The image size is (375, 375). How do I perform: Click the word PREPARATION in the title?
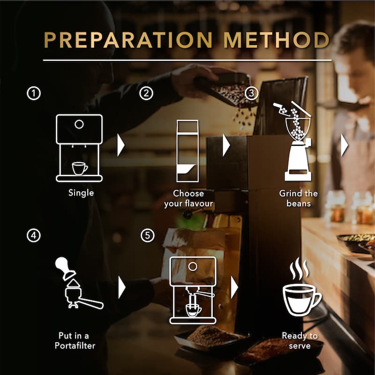(x=128, y=40)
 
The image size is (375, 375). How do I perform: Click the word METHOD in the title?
(x=277, y=40)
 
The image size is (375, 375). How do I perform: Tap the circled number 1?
(x=33, y=93)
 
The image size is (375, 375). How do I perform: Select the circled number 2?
(x=146, y=93)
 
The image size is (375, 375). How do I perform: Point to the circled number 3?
(x=251, y=93)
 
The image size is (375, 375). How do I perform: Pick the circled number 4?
(x=33, y=236)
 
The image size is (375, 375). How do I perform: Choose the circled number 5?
(x=147, y=236)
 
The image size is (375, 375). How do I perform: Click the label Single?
(x=81, y=193)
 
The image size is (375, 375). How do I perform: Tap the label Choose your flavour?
(x=188, y=198)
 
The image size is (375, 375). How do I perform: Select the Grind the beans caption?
(x=299, y=198)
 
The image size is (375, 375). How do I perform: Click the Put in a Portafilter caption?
(x=75, y=341)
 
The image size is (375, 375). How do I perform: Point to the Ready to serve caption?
(x=300, y=341)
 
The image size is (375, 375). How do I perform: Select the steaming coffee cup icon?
(x=302, y=287)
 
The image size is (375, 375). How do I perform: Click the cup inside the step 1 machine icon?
(x=80, y=169)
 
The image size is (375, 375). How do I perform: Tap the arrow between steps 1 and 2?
(x=121, y=145)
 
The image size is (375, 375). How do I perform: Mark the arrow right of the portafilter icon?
(x=122, y=287)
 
